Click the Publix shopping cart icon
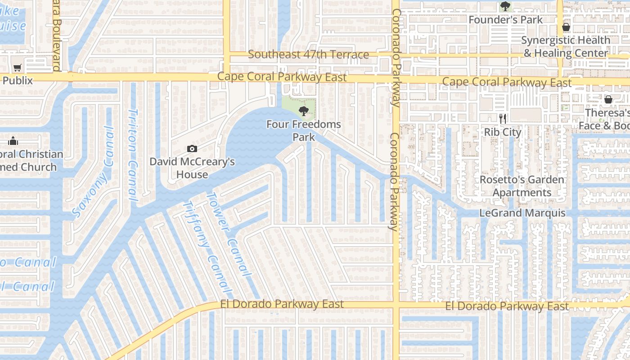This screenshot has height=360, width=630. [17, 68]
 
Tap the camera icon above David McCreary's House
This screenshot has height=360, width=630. [192, 148]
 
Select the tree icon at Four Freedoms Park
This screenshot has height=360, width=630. [304, 111]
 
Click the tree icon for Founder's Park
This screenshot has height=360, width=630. [505, 7]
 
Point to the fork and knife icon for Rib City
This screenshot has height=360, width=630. [503, 119]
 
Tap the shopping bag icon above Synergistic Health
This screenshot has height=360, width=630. [566, 27]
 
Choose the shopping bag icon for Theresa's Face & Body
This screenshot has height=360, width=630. [608, 99]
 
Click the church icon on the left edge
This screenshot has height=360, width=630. [13, 141]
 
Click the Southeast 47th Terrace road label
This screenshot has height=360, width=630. [308, 55]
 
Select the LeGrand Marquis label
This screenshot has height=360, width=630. [522, 213]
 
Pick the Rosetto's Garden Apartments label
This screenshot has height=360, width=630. [522, 186]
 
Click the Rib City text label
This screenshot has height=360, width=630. [502, 132]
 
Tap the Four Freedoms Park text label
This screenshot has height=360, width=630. [304, 130]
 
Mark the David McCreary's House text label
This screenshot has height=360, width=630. [192, 168]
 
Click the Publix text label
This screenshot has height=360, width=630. [18, 81]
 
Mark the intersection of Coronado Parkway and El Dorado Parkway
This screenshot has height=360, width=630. [396, 306]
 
